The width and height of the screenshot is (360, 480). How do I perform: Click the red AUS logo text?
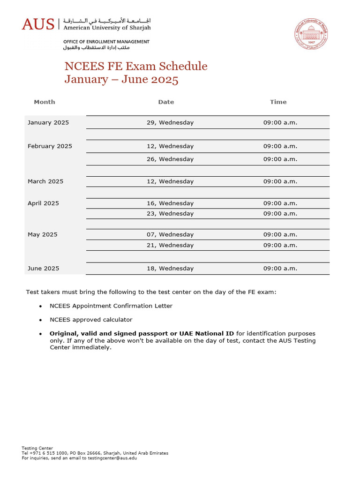tap(38, 24)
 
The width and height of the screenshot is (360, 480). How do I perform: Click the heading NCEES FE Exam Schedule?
tap(136, 66)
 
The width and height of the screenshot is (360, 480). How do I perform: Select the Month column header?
tap(45, 102)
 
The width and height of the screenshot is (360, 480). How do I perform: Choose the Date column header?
tap(166, 102)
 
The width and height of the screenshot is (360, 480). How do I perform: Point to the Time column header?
tap(278, 102)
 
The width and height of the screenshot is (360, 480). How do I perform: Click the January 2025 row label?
tap(48, 122)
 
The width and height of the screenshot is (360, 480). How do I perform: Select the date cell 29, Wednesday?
tap(170, 122)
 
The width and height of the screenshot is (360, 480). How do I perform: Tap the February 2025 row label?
tap(50, 146)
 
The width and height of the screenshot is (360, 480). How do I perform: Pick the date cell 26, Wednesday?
tap(170, 159)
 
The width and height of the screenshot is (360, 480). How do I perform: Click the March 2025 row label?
tap(45, 181)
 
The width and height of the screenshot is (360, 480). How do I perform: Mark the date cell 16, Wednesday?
tap(170, 203)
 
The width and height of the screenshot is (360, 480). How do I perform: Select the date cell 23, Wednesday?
tap(170, 213)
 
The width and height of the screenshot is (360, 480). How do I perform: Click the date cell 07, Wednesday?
tap(170, 234)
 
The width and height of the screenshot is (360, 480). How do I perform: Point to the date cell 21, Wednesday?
tap(170, 245)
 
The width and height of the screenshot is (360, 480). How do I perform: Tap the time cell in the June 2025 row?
tap(280, 269)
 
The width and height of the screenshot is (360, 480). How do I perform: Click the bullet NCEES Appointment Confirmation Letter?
tap(111, 306)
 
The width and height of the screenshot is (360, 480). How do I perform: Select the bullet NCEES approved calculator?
tap(91, 320)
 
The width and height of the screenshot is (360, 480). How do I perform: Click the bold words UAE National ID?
tap(207, 333)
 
